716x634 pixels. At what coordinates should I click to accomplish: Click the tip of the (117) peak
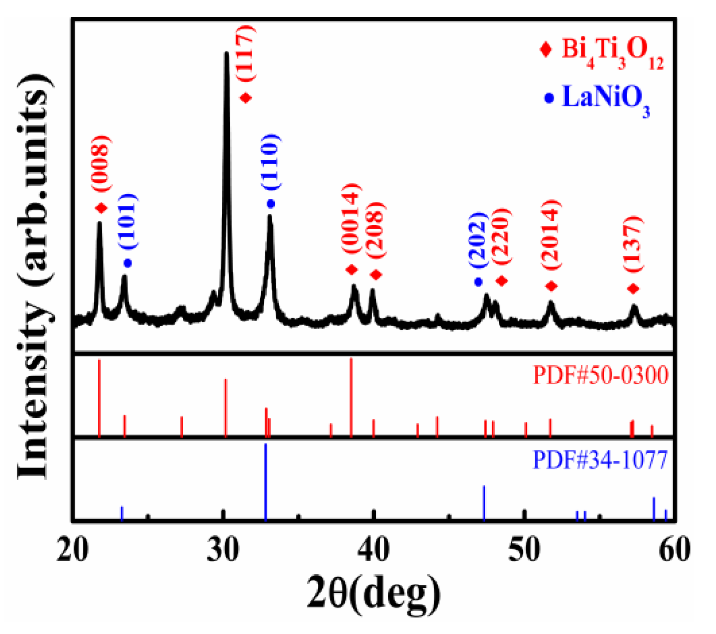[226, 54]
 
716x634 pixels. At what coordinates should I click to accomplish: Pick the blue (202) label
[479, 240]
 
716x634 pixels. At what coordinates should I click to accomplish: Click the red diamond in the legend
[546, 49]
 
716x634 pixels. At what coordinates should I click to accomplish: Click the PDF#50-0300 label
[600, 375]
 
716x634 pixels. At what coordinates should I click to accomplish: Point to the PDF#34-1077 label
[600, 459]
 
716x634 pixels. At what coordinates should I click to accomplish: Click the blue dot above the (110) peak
[271, 204]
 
